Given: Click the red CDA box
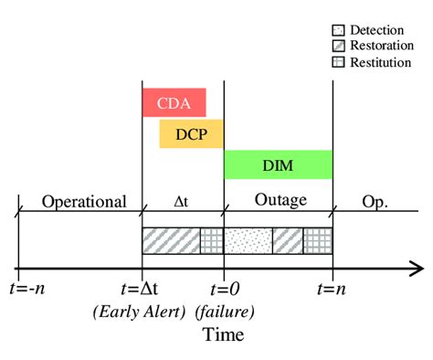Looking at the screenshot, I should [x=174, y=101].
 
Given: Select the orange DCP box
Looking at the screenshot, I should [x=192, y=133].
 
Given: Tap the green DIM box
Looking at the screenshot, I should [x=278, y=164].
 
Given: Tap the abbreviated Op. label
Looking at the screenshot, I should [x=374, y=202].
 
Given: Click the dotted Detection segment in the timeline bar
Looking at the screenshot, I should [x=248, y=240].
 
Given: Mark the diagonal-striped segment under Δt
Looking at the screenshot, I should [x=171, y=240].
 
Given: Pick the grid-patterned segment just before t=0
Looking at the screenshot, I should [x=212, y=240].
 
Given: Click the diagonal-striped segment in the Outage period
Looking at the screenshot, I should [x=288, y=240].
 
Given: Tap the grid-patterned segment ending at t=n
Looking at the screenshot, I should [x=318, y=240].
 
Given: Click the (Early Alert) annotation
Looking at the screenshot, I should [x=139, y=312].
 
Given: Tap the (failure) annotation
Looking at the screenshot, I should [x=224, y=312].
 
